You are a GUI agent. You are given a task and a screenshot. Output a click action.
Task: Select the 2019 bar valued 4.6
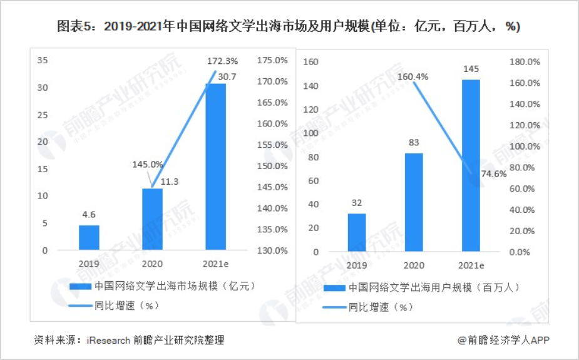click(x=89, y=238)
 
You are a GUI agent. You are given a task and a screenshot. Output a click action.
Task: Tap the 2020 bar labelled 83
click(x=413, y=202)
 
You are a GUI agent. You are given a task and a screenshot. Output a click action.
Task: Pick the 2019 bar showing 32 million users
click(x=357, y=232)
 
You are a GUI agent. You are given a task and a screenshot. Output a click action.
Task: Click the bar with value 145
click(x=471, y=165)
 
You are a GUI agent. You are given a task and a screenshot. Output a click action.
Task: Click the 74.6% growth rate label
click(x=492, y=174)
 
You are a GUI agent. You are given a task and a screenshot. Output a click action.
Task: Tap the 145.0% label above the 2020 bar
click(x=147, y=164)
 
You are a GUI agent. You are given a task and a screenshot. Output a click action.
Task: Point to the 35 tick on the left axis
click(x=43, y=61)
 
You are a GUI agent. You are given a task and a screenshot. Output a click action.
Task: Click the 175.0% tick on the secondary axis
click(x=272, y=61)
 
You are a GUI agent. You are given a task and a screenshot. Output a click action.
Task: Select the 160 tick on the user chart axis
click(x=311, y=62)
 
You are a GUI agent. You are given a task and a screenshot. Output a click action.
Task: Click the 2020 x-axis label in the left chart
click(x=152, y=263)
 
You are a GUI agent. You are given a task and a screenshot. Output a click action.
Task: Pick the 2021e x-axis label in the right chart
click(x=471, y=265)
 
